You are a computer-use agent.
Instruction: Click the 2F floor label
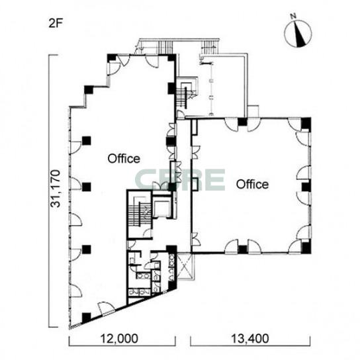tap(56, 23)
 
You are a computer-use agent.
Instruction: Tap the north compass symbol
tap(298, 34)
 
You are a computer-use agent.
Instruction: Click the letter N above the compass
tap(293, 16)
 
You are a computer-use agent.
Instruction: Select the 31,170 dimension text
tap(56, 189)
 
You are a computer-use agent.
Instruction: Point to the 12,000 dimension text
tap(119, 339)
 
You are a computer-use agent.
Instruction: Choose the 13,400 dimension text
tap(249, 339)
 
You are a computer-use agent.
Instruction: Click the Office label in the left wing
tap(124, 159)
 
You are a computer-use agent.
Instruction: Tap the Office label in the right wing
tap(252, 185)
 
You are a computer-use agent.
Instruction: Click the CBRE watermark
tap(180, 180)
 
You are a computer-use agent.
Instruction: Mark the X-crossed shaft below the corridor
tap(185, 266)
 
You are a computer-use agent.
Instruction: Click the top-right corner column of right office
tap(306, 123)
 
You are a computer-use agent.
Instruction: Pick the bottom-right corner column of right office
tap(306, 247)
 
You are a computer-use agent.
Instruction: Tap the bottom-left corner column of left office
tap(86, 318)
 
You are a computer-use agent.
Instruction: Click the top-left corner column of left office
tap(112, 58)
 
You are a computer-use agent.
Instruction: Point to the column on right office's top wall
tap(242, 122)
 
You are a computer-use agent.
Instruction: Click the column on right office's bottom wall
tap(242, 249)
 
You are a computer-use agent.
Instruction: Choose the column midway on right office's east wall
tap(306, 187)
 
